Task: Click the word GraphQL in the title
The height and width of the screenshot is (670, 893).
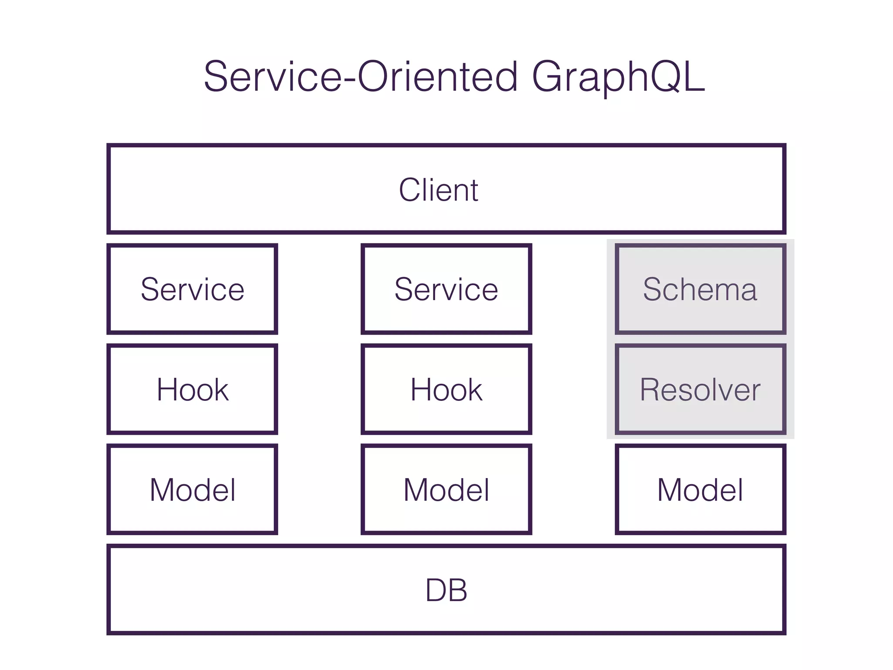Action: pos(618,78)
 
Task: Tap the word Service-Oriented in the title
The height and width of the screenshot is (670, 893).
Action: pos(361,77)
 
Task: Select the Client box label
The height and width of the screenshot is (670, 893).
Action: pos(438,190)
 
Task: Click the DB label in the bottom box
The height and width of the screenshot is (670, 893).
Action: pos(446,591)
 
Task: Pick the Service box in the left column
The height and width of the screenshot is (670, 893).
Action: pos(192,289)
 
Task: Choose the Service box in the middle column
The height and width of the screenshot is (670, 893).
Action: pos(446,289)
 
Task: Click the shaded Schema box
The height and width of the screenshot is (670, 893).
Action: pos(700,289)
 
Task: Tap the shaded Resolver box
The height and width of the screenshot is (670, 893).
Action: pos(700,390)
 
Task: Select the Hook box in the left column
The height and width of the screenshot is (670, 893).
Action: pos(192,390)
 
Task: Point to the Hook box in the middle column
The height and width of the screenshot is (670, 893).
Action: pos(446,390)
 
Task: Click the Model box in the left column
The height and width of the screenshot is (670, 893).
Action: pos(192,490)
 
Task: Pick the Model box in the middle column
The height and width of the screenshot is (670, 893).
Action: pos(446,490)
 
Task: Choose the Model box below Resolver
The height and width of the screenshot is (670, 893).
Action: pos(700,490)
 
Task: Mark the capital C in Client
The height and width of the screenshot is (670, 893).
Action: pos(411,190)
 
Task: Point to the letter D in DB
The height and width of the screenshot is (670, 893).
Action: pos(436,591)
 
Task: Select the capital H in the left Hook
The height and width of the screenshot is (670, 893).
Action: pos(169,390)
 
